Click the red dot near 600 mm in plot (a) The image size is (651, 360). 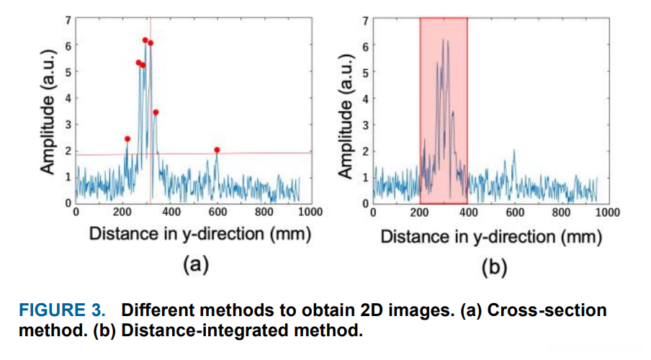[x=217, y=150]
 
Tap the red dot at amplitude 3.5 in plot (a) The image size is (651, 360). [x=156, y=112]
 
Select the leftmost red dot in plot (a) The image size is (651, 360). [x=127, y=139]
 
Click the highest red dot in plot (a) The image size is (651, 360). [x=145, y=40]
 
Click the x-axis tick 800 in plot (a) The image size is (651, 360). [x=264, y=212]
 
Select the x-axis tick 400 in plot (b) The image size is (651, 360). [x=467, y=213]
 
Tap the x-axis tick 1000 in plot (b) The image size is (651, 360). [x=607, y=213]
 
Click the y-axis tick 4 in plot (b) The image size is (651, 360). [x=365, y=99]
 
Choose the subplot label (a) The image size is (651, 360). [x=194, y=265]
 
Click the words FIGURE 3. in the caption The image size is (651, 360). [x=62, y=311]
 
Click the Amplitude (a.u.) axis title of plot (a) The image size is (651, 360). [x=48, y=111]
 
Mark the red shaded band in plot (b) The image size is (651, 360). [x=444, y=108]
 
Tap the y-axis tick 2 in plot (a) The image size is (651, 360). [x=68, y=150]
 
